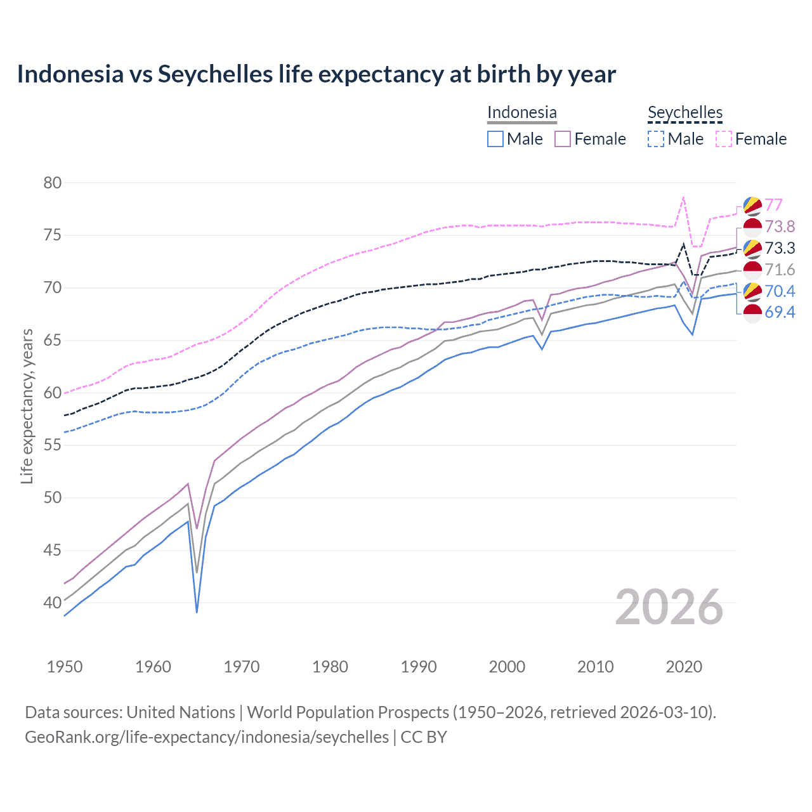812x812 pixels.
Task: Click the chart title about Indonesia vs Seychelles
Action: [316, 74]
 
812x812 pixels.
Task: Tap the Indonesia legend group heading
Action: [521, 112]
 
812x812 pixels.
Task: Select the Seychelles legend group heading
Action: [685, 112]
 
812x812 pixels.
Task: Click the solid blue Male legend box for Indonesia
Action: [495, 139]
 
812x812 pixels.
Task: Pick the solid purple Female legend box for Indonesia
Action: [563, 139]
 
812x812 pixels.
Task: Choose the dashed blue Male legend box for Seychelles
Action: [657, 139]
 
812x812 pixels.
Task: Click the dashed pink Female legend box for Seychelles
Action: [724, 139]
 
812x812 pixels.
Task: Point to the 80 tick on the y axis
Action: [53, 183]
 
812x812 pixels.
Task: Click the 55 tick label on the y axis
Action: [53, 445]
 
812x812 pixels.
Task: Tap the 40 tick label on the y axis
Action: [53, 603]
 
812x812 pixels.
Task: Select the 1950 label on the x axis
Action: [65, 667]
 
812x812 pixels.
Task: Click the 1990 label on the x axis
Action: [419, 667]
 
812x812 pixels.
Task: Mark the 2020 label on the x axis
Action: [684, 667]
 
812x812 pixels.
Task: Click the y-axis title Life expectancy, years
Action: [27, 406]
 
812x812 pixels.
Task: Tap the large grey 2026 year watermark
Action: [669, 607]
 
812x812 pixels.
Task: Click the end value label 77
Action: [773, 205]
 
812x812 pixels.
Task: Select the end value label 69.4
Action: [780, 312]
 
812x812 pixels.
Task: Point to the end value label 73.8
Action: [780, 226]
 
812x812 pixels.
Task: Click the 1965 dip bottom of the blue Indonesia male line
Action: [197, 612]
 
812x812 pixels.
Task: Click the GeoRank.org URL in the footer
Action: [207, 737]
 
